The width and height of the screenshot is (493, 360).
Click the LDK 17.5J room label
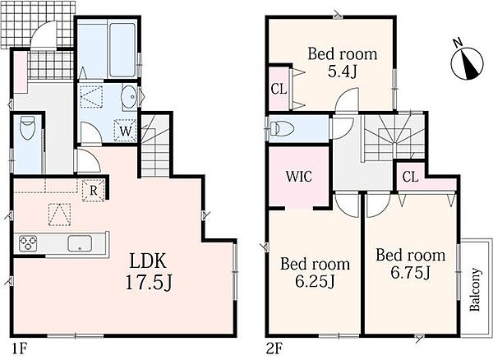point(149,272)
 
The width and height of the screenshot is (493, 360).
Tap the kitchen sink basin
point(80,243)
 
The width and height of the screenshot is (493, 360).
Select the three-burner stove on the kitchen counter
point(28,243)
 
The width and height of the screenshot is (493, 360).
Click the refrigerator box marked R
point(93,190)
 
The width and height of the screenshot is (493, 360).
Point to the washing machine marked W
point(126,131)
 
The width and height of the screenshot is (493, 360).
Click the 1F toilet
point(27,127)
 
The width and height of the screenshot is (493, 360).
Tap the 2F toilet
point(282,128)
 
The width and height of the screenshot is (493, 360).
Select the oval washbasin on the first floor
point(129,97)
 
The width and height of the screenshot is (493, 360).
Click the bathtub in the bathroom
point(122,50)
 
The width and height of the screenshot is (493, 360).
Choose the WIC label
point(299,177)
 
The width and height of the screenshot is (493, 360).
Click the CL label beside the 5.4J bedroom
point(279,90)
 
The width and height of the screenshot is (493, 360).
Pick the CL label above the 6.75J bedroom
point(410,177)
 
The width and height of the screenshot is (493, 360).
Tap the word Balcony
point(475,289)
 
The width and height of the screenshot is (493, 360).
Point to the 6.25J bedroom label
point(315,273)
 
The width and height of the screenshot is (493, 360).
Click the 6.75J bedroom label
point(411,264)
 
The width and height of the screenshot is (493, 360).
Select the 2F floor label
point(274,348)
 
